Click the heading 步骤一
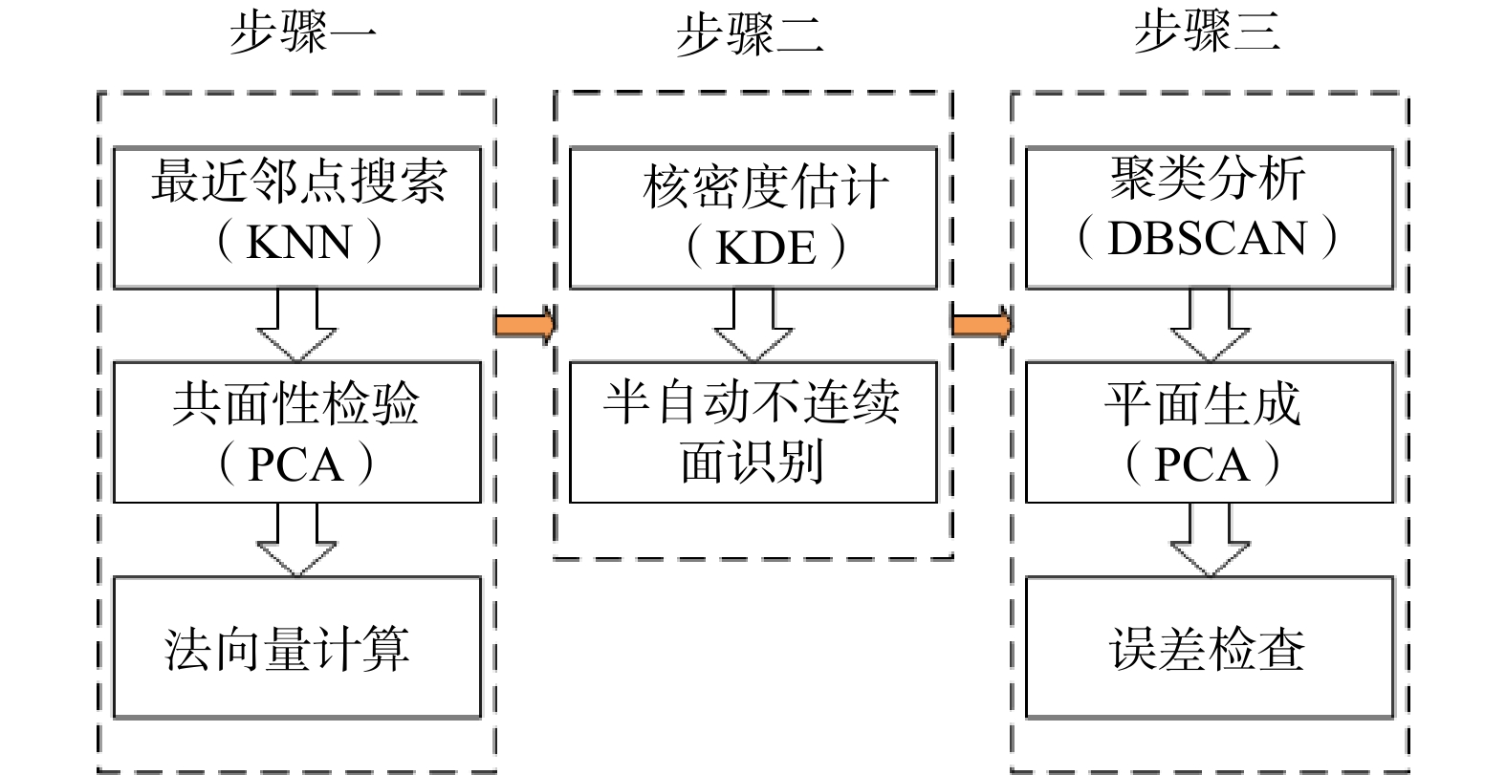pyautogui.click(x=302, y=32)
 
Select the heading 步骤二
pyautogui.click(x=750, y=32)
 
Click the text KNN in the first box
pyautogui.click(x=298, y=242)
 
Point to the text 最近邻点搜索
pyautogui.click(x=298, y=181)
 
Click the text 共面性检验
pyautogui.click(x=295, y=403)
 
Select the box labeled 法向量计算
pyautogui.click(x=297, y=647)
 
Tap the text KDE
pyautogui.click(x=766, y=248)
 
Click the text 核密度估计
pyautogui.click(x=766, y=186)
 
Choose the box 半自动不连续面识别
pyautogui.click(x=753, y=432)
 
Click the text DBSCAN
pyautogui.click(x=1207, y=238)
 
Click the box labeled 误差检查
pyautogui.click(x=1210, y=647)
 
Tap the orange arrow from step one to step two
pyautogui.click(x=524, y=325)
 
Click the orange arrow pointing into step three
pyautogui.click(x=982, y=325)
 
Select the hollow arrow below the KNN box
pyautogui.click(x=297, y=325)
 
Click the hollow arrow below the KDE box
pyautogui.click(x=753, y=325)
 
